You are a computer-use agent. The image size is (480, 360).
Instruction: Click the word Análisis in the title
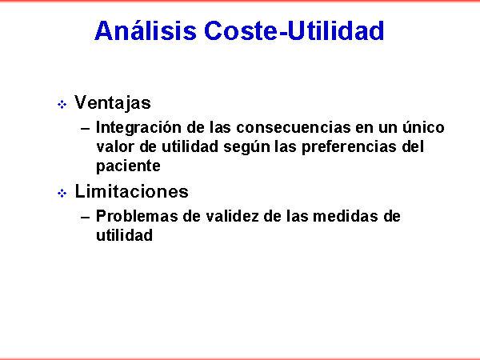point(146,30)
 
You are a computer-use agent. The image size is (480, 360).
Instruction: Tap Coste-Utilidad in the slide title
point(294,30)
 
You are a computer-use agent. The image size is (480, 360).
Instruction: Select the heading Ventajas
point(113,102)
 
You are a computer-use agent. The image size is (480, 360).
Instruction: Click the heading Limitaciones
point(132,191)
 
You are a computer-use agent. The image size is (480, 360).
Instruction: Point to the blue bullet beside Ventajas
point(62,105)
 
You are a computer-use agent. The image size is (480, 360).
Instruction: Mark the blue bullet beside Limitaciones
point(62,193)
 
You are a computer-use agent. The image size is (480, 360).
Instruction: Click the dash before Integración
point(85,129)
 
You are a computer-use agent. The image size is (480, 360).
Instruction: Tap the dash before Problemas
point(85,218)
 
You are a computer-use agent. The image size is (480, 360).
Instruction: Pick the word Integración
point(138,128)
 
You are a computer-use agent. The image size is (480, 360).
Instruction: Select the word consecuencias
point(294,128)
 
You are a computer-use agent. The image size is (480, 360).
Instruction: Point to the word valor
point(115,146)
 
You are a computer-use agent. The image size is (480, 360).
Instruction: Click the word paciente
point(128,166)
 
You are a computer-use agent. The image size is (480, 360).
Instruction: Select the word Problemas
point(137,216)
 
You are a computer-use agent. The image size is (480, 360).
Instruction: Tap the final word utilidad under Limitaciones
point(124,235)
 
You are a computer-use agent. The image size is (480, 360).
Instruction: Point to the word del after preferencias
point(413,146)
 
